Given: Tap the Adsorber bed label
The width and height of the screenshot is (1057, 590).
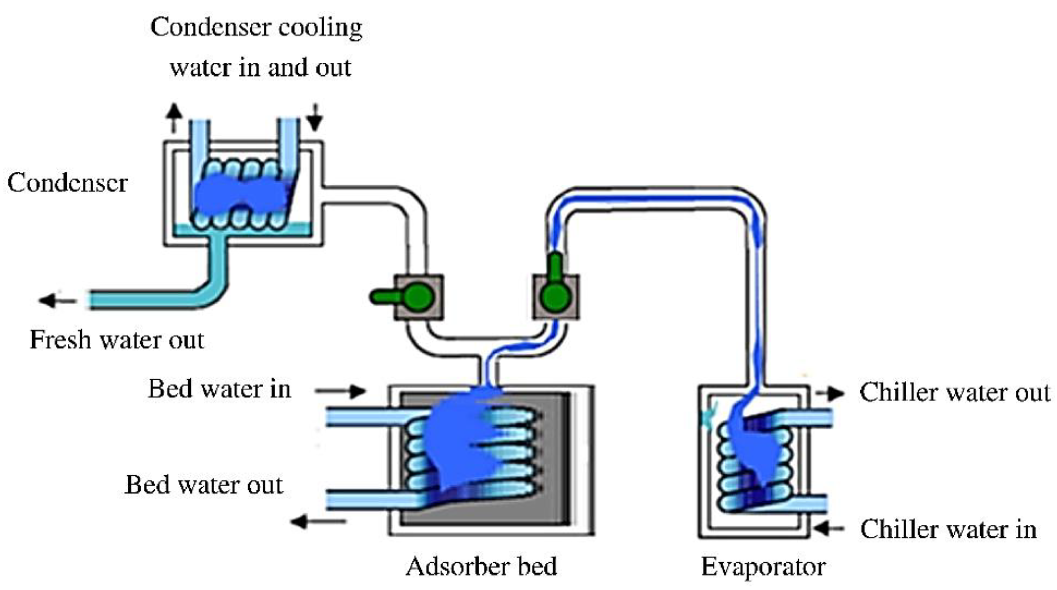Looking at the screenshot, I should click(x=481, y=566).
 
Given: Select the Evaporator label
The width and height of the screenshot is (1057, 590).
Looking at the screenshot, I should click(x=763, y=567).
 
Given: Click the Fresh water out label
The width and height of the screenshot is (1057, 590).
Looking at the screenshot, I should click(x=117, y=340).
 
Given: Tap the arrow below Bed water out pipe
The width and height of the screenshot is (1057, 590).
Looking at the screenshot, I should click(x=318, y=522).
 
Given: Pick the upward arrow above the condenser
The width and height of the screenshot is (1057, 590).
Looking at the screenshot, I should click(x=174, y=117).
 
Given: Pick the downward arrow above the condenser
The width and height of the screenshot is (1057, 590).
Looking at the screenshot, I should click(x=315, y=118).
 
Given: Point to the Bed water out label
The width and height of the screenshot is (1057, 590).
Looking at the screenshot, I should click(x=204, y=485).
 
